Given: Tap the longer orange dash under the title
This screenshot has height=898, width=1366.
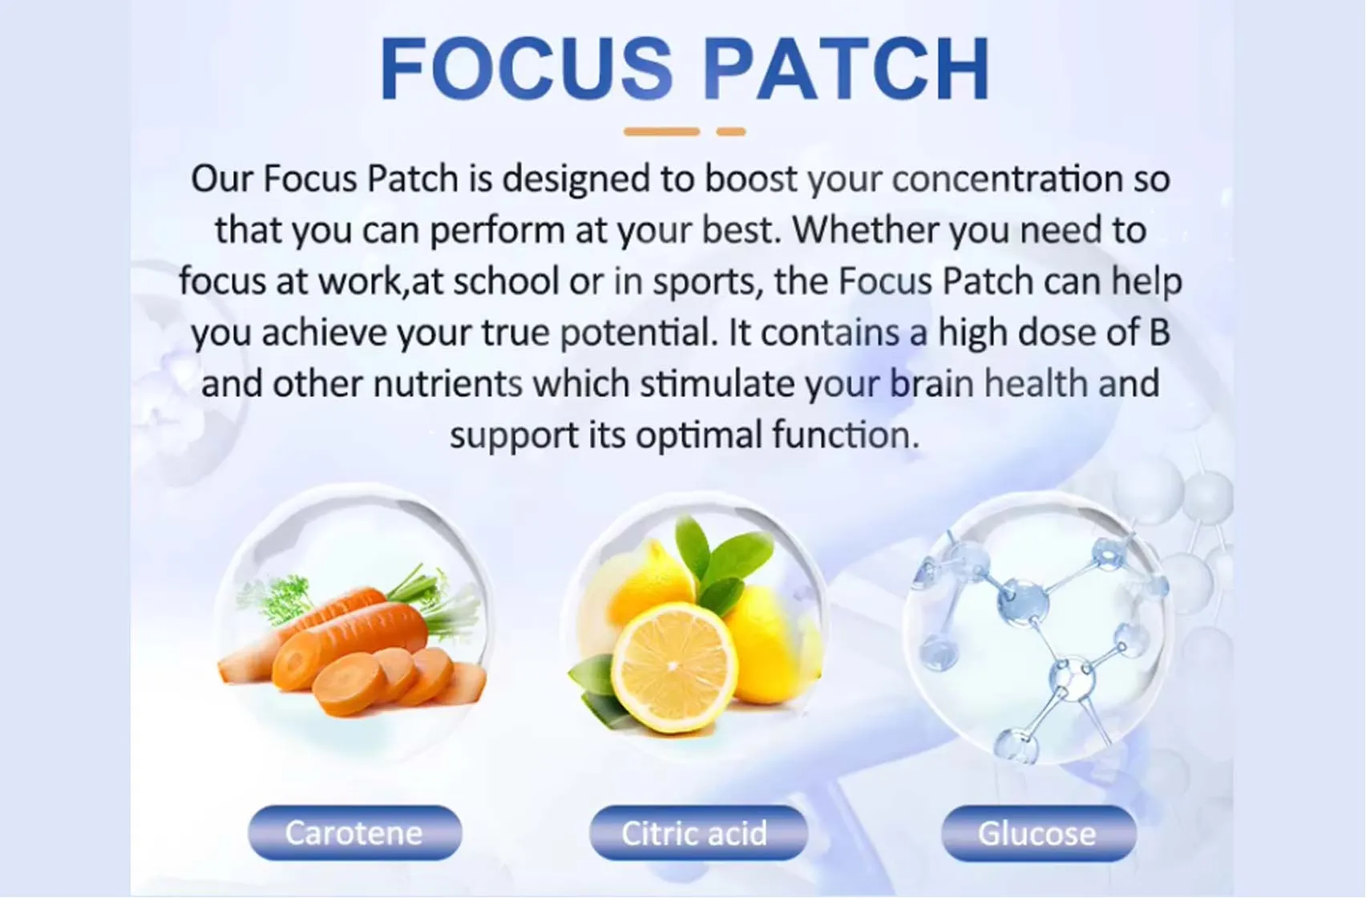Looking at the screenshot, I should pos(661,131).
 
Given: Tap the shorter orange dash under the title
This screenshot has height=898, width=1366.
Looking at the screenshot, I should pos(731,131).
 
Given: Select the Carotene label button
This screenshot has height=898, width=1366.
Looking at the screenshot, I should pos(354,833).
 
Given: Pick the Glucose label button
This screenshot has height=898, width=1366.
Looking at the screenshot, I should pos(1037,834).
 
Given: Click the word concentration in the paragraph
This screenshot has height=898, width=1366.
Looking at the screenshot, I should pos(1007,179).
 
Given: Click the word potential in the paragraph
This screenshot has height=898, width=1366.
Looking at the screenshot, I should pos(638,333).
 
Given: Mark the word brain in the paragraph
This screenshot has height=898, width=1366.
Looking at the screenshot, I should pos(932,384).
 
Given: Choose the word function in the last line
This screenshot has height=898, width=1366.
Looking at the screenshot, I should pos(845,435).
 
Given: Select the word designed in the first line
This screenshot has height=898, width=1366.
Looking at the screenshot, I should pos(576,179).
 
